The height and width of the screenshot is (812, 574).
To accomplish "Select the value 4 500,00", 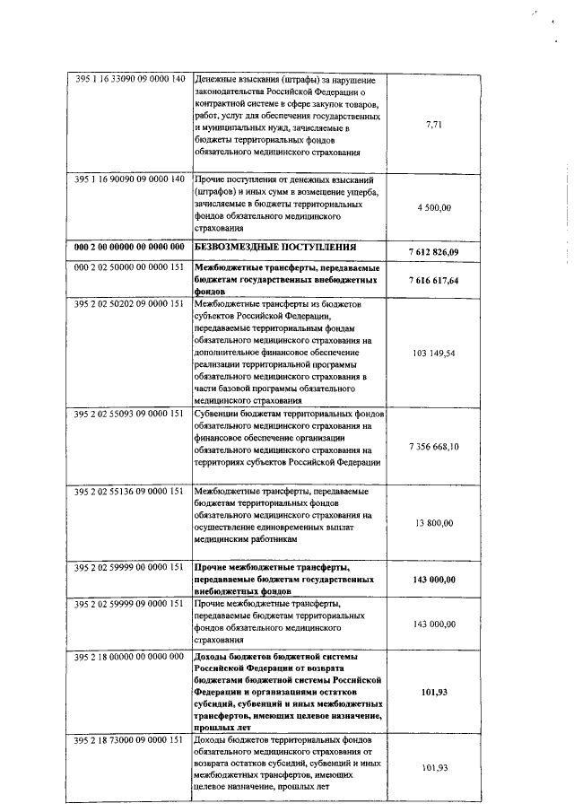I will coord(434,208).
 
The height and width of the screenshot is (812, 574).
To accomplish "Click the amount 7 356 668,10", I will coord(433,446).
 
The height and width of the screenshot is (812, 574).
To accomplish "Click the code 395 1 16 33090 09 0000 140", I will coord(129,79).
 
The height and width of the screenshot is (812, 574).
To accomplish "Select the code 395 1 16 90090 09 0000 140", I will coord(129,179).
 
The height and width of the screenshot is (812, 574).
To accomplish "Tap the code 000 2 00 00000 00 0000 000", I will coord(129,246).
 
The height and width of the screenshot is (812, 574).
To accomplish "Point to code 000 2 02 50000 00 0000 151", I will coord(129,267).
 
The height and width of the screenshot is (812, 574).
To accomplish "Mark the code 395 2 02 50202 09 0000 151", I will coord(129,303).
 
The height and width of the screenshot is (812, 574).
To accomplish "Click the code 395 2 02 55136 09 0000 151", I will coord(129,491).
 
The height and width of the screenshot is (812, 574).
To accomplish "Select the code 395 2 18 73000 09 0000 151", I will coord(129,739).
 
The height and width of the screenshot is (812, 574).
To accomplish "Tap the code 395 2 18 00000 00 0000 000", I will coord(129,657).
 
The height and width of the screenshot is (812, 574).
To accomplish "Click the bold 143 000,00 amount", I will coord(433,580).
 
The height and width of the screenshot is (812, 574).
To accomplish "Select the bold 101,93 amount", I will coord(434,693).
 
